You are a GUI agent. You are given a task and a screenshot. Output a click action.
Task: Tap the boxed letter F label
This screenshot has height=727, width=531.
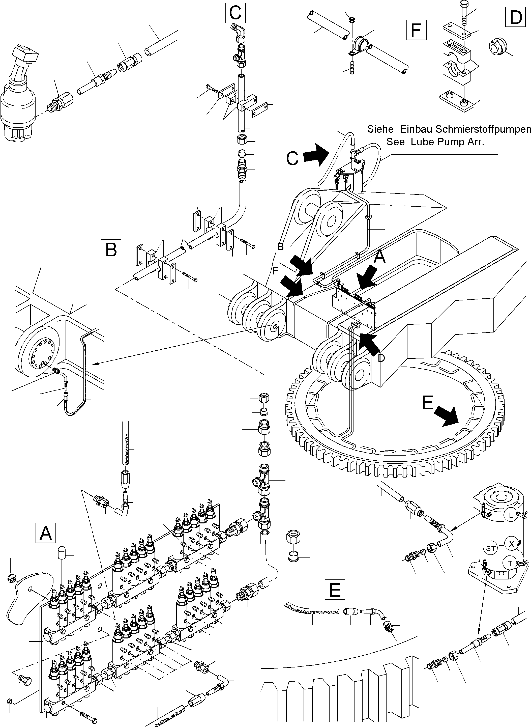point(416,30)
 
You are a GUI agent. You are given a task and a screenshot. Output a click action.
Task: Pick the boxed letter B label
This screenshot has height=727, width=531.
point(111,249)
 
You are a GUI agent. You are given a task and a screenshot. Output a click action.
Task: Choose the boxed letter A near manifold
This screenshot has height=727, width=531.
point(46,533)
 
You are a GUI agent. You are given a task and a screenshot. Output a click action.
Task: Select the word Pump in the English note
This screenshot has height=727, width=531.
point(442,142)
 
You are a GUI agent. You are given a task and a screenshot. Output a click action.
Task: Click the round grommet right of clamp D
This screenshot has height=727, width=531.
point(497,46)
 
